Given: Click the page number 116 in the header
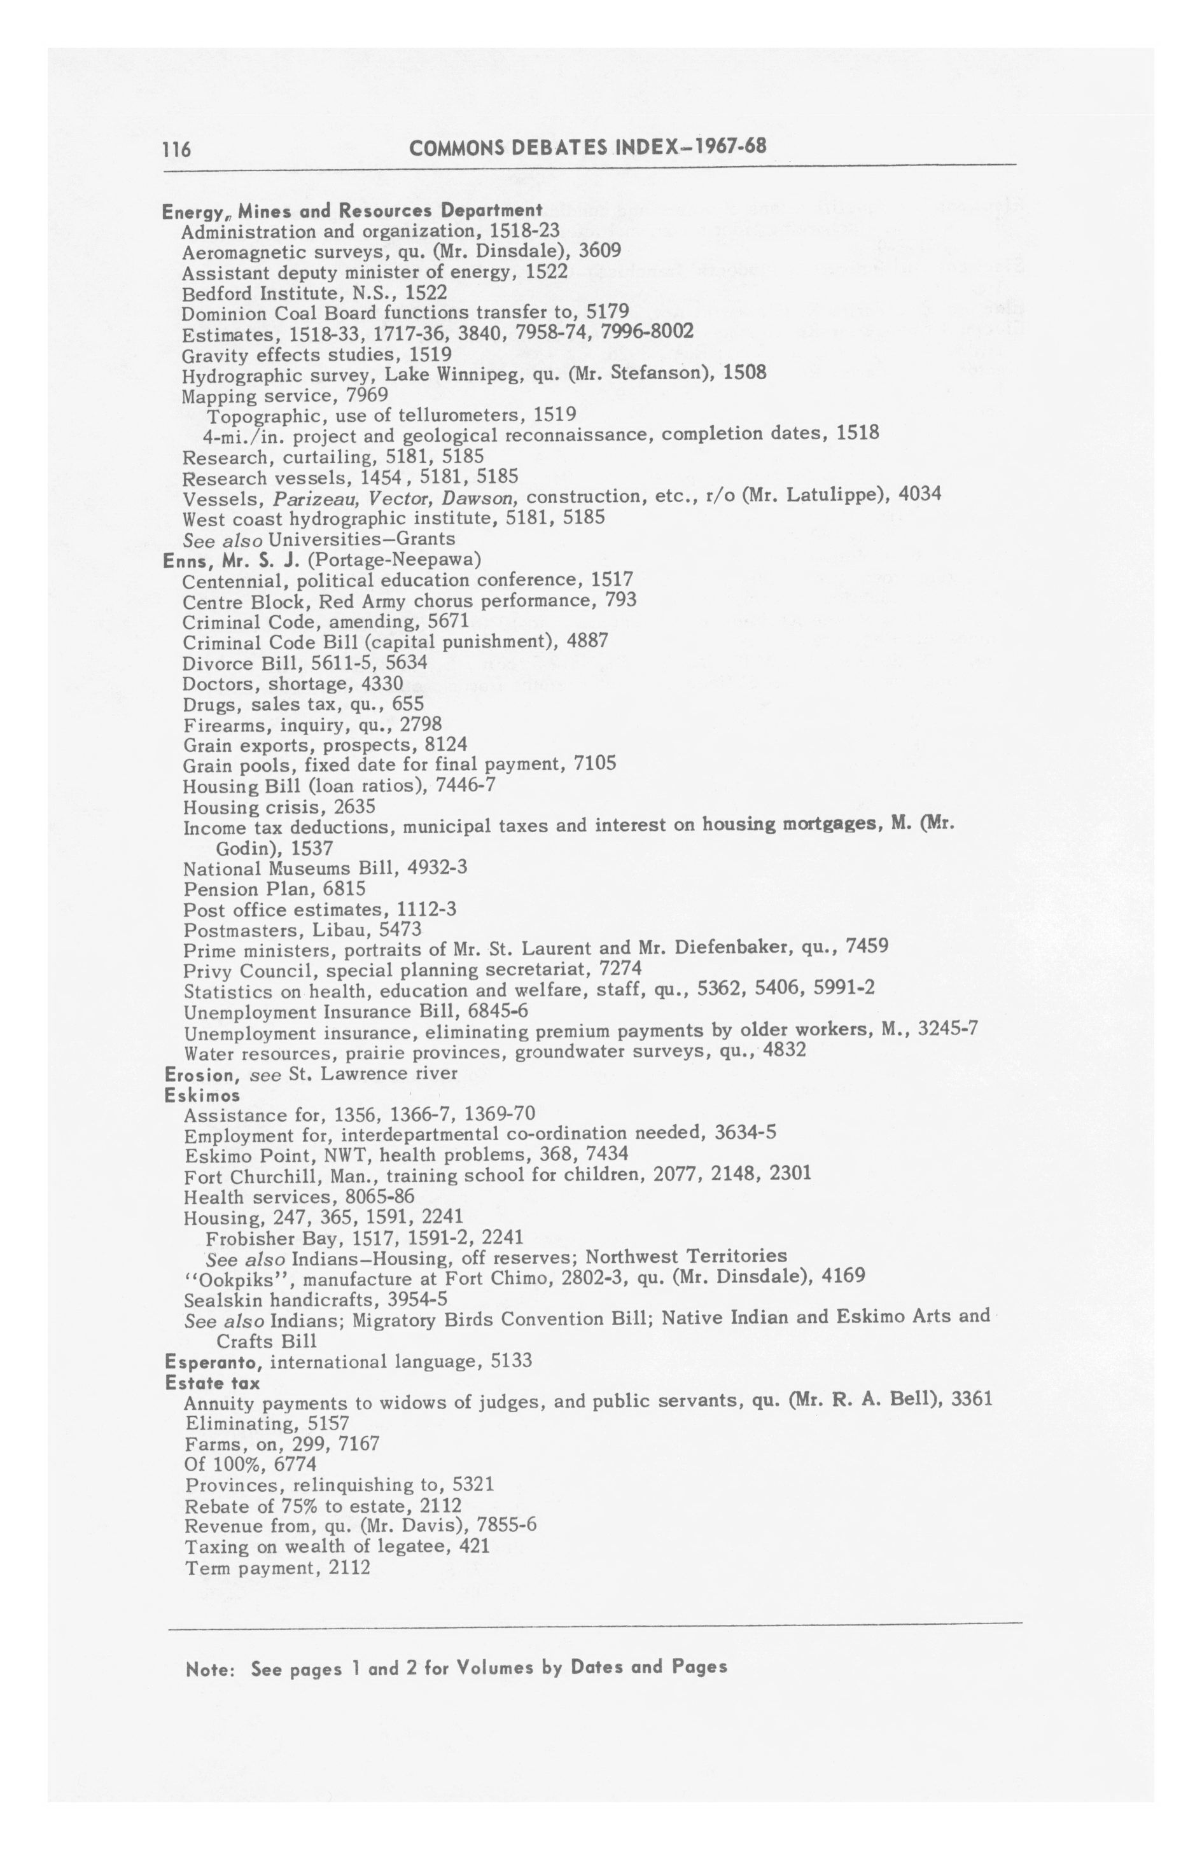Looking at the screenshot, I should point(176,148).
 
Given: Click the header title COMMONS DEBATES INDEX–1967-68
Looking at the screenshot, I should point(587,147).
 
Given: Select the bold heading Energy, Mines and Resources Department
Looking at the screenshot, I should point(351,211).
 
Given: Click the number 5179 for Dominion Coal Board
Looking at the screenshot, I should point(607,312).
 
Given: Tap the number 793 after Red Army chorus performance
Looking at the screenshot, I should point(620,600).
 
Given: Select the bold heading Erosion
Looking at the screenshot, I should point(199,1075).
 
